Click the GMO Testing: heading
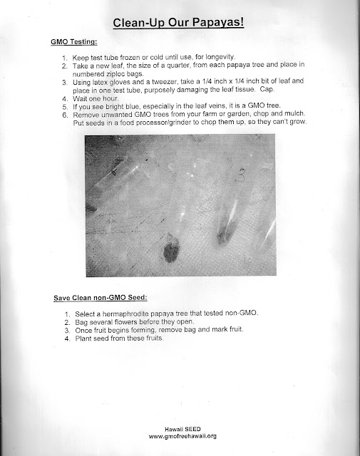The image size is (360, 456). click(x=74, y=42)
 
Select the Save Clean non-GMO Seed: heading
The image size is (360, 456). click(x=101, y=298)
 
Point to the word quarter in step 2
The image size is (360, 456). click(x=178, y=65)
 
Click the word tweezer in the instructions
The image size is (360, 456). click(x=164, y=82)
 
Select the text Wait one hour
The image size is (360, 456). click(x=96, y=98)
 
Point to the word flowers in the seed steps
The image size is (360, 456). click(x=126, y=322)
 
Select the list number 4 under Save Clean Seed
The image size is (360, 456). click(x=68, y=339)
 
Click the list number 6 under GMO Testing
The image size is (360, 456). click(x=65, y=115)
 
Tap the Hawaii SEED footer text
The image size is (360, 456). click(x=182, y=429)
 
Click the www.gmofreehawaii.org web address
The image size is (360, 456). click(x=182, y=436)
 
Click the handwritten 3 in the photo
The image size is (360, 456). click(x=241, y=175)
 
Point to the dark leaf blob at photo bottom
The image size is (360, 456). click(x=171, y=251)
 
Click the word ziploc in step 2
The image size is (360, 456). click(x=115, y=73)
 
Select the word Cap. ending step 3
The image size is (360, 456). click(x=267, y=89)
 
